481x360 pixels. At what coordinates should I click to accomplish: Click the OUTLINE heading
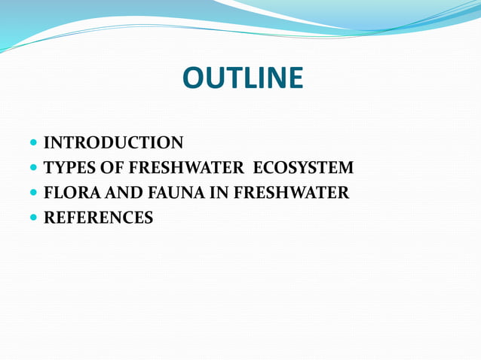click(242, 78)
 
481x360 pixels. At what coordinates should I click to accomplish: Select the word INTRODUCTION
click(113, 142)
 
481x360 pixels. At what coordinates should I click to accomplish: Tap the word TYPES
click(66, 168)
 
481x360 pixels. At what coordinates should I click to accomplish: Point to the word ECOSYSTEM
click(303, 168)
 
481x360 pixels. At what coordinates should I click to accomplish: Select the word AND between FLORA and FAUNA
click(114, 194)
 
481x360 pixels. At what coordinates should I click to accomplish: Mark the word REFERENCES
click(99, 219)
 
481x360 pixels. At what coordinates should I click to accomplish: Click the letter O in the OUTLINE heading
click(194, 78)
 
